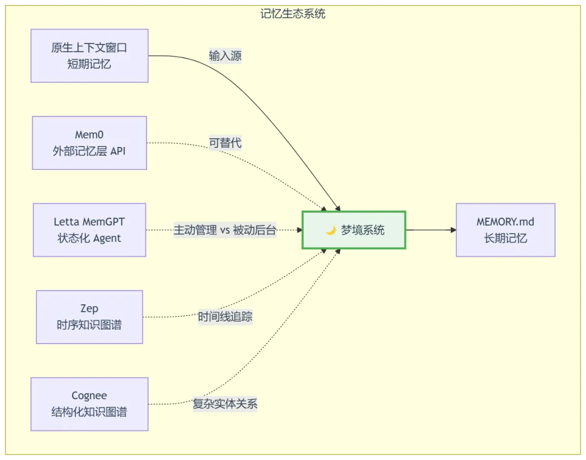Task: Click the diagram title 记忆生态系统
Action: pos(293,14)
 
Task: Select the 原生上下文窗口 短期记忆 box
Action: pos(90,56)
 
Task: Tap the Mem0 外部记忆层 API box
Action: pos(90,143)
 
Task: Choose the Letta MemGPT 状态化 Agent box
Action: pos(90,230)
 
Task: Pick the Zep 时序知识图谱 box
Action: pos(90,317)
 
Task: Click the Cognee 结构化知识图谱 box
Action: pos(90,404)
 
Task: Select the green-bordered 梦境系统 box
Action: pos(354,230)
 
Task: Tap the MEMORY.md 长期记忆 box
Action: pos(505,230)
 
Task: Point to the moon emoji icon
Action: pos(330,231)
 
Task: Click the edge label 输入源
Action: pos(225,56)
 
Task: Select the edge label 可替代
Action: pos(225,143)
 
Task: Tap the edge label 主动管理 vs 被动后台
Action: pos(225,230)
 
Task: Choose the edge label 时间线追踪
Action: pos(225,317)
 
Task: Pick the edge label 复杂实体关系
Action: pos(225,404)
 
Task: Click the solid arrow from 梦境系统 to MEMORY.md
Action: pos(431,230)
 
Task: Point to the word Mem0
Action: pos(90,135)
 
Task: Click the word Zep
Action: pos(90,309)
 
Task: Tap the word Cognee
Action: pos(90,396)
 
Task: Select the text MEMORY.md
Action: pos(505,222)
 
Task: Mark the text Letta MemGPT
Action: pos(90,222)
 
